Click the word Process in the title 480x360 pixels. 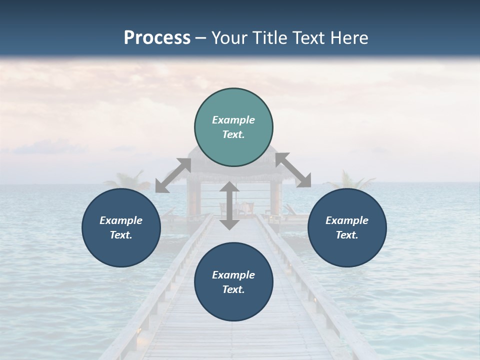(157, 38)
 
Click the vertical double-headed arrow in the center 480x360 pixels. (229, 205)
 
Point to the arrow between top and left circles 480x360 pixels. (173, 175)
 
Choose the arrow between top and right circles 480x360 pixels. (293, 170)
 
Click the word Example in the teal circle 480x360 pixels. (233, 120)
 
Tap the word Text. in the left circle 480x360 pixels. (121, 235)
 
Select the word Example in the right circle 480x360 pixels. (347, 220)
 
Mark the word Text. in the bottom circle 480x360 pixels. (233, 289)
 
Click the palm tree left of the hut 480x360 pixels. (123, 180)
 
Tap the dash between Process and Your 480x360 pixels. (200, 38)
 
